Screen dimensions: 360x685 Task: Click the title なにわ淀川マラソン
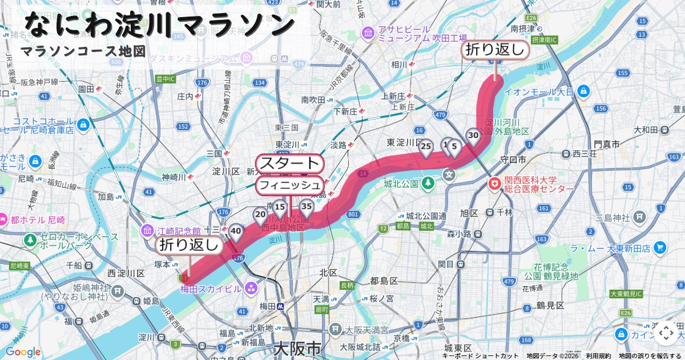pyautogui.click(x=160, y=24)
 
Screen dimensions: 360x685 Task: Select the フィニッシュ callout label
pyautogui.click(x=291, y=185)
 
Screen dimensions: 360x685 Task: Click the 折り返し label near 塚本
pyautogui.click(x=189, y=246)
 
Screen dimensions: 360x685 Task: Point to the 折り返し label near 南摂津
pyautogui.click(x=495, y=50)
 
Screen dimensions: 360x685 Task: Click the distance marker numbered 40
pyautogui.click(x=236, y=231)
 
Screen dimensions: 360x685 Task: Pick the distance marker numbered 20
pyautogui.click(x=260, y=216)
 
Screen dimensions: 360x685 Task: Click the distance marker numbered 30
pyautogui.click(x=473, y=136)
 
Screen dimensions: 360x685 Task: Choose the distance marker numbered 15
pyautogui.click(x=280, y=207)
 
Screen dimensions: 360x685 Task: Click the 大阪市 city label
pyautogui.click(x=297, y=348)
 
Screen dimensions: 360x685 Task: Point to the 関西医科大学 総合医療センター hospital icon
pyautogui.click(x=494, y=184)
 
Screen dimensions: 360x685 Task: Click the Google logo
pyautogui.click(x=23, y=352)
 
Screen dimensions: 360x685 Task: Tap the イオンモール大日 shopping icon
pyautogui.click(x=583, y=91)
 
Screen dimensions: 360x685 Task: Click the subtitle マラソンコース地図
pyautogui.click(x=83, y=51)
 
